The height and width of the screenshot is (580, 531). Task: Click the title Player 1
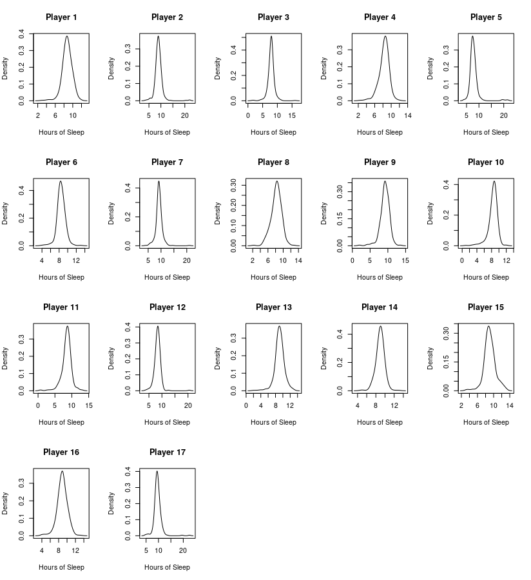point(61,17)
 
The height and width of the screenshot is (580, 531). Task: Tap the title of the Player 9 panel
point(380,162)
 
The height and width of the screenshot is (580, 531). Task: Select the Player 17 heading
point(167,452)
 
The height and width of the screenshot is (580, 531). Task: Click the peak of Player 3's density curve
point(271,36)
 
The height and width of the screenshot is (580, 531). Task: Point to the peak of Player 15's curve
point(488,326)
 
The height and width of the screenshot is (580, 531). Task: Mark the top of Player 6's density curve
point(61,181)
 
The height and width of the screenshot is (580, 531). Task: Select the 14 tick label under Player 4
point(408,115)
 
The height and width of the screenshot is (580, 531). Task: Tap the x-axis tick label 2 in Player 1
point(38,115)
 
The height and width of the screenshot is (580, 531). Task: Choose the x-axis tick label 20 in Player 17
point(182,550)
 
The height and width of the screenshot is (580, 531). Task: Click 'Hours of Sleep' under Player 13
point(273,423)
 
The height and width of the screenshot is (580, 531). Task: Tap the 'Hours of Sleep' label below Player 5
point(486,133)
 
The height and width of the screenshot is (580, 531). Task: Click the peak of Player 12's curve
point(157,326)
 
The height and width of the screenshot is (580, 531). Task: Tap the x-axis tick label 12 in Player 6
point(76,260)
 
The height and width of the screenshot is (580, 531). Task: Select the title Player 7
point(167,162)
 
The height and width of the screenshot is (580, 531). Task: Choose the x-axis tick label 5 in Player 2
point(148,115)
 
